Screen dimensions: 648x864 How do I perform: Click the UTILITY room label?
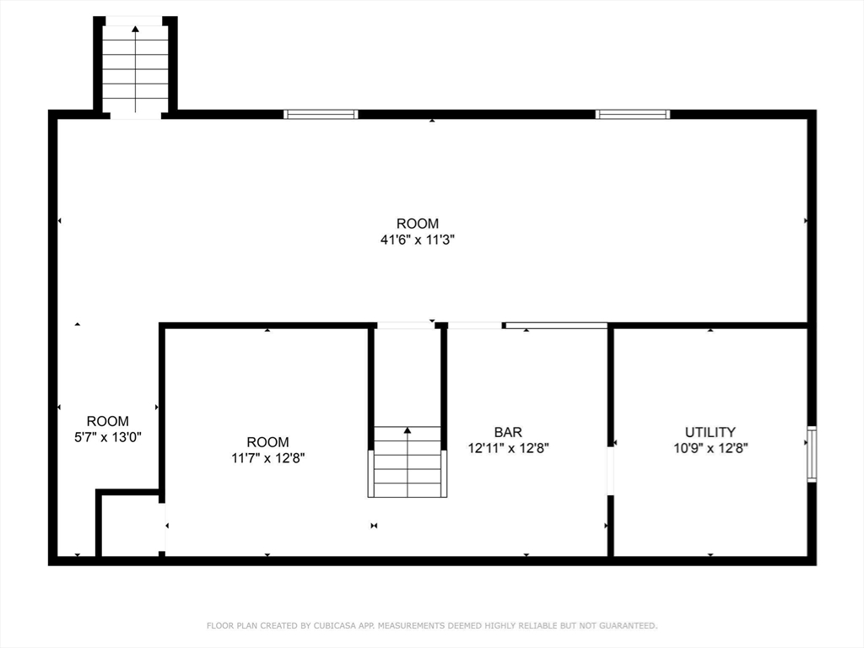tap(710, 432)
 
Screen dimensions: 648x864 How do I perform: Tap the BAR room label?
tap(508, 432)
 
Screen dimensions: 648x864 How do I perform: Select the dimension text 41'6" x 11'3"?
tap(418, 240)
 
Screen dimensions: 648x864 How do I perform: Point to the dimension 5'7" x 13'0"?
tap(108, 437)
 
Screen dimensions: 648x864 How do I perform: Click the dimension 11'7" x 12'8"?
tap(267, 458)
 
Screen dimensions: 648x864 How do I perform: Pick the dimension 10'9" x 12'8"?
tap(710, 448)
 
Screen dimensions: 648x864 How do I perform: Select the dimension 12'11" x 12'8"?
tap(508, 448)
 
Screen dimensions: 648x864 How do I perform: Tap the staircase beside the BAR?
tap(408, 462)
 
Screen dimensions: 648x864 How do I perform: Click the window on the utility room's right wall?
tap(812, 454)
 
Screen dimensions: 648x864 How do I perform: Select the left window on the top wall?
tap(321, 114)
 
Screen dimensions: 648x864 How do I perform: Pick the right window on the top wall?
tap(633, 114)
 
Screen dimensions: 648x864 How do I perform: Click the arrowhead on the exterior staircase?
tap(135, 30)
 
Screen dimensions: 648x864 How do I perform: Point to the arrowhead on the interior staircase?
tap(408, 430)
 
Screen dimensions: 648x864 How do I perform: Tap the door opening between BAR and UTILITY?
tap(610, 471)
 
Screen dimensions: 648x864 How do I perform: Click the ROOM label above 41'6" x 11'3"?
tap(418, 224)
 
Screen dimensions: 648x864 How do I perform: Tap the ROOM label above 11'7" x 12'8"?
tap(267, 442)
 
